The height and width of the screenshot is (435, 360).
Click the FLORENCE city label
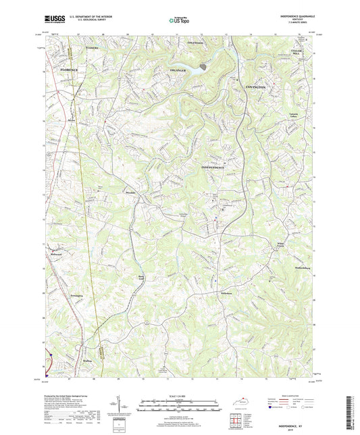68,70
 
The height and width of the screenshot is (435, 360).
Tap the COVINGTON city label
255,88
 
